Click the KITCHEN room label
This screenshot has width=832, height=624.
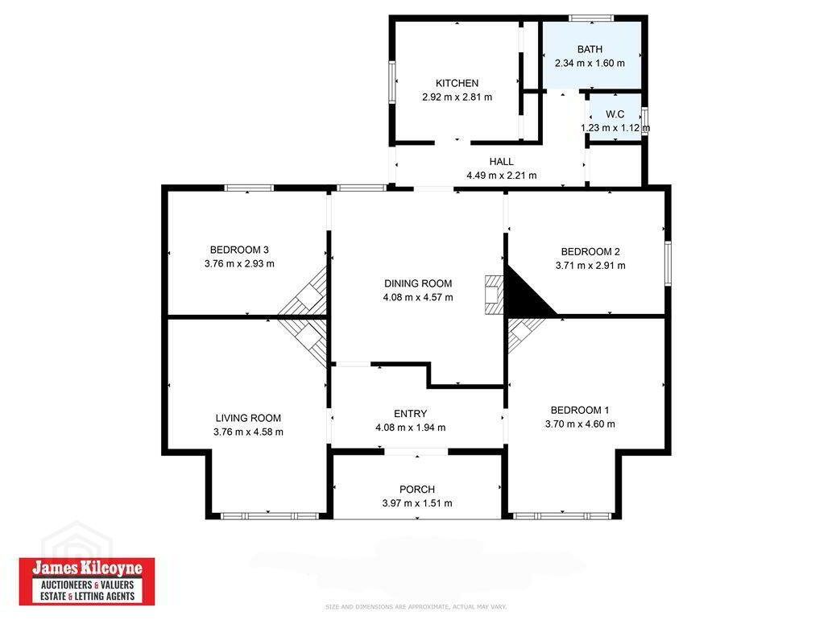point(457,83)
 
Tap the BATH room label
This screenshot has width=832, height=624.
point(590,49)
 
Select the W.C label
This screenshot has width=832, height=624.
point(615,114)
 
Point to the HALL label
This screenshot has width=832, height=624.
point(502,162)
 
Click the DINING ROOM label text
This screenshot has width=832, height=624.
point(418,284)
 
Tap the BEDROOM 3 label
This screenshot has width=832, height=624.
point(239,250)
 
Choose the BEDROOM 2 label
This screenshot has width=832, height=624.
point(590,252)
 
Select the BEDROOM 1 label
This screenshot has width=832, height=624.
point(580,410)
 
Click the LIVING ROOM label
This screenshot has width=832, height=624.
point(248,418)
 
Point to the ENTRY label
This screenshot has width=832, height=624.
point(410,414)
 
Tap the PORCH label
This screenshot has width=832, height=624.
point(417,490)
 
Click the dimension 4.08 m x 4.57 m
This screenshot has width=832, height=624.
point(418,298)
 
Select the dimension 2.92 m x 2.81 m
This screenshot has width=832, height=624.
point(457,97)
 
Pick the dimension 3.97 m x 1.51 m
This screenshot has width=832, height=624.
point(417,503)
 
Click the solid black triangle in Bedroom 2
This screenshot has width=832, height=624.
point(522,297)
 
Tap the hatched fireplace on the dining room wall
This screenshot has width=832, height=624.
point(494,295)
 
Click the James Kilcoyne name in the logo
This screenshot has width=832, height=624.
point(88,568)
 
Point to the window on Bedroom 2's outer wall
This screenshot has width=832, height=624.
point(668,263)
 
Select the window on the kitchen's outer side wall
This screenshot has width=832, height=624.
point(392,81)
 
